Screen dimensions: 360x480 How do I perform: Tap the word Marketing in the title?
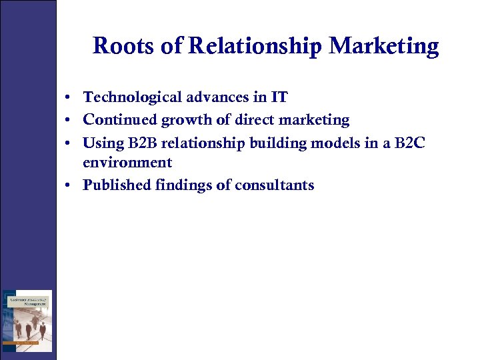coord(384,47)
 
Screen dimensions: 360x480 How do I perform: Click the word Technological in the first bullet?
coord(128,97)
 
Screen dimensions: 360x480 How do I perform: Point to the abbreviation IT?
coord(279,97)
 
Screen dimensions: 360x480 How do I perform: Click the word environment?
coord(127,163)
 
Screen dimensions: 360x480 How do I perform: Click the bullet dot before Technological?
coord(69,98)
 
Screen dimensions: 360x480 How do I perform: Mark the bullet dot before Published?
coord(69,185)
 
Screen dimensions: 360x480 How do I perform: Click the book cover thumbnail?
coord(27,321)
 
